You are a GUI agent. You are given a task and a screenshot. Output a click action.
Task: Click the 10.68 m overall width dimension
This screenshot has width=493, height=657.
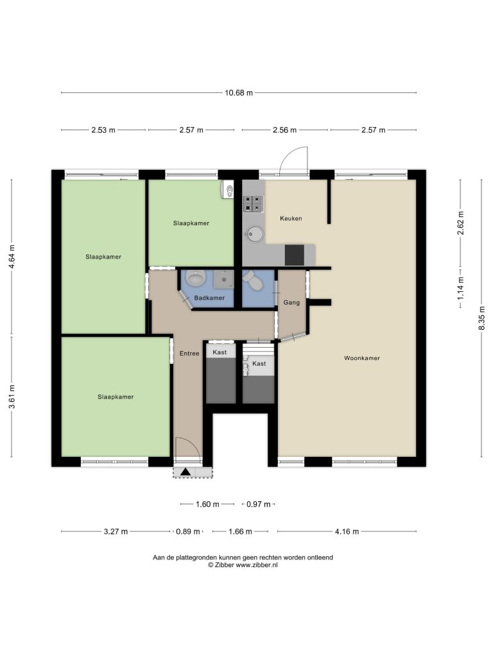[239, 92]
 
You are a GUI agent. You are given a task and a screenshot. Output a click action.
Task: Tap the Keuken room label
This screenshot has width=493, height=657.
[291, 218]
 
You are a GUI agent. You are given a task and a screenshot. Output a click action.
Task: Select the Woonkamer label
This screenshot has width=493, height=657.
[362, 358]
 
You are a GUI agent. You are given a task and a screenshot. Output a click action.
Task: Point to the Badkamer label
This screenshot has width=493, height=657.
[209, 298]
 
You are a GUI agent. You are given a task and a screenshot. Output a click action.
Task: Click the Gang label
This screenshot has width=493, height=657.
[291, 303]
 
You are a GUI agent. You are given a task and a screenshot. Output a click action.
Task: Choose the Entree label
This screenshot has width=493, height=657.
[189, 354]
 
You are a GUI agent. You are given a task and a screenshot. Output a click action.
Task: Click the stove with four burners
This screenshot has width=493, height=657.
[254, 203]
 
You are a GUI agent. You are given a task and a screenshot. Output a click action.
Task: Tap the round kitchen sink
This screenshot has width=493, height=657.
[254, 234]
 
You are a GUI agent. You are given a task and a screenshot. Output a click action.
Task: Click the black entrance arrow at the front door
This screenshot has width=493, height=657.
[186, 472]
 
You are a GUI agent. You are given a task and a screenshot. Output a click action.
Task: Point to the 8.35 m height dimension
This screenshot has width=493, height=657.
[481, 318]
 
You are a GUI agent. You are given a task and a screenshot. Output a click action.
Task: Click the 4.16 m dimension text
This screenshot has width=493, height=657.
[347, 532]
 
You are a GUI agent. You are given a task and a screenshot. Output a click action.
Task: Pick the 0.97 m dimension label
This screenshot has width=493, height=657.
[258, 504]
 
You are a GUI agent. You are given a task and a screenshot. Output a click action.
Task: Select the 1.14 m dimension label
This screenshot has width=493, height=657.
[460, 287]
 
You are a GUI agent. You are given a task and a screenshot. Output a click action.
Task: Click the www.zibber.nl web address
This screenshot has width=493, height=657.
[257, 565]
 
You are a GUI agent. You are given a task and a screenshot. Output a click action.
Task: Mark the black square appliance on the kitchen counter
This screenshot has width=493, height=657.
[294, 255]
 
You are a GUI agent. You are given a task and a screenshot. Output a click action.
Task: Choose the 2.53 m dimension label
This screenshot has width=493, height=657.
[103, 130]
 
